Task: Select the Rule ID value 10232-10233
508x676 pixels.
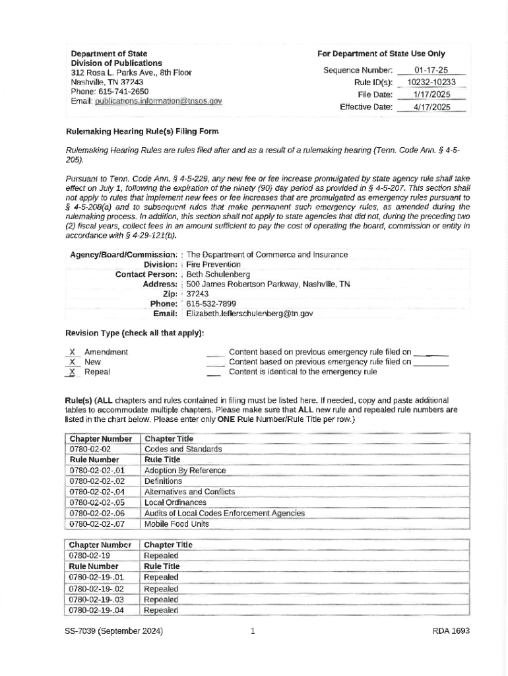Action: click(x=431, y=83)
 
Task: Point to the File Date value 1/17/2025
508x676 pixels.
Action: click(x=431, y=94)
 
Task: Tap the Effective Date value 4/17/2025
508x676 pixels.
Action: click(x=431, y=107)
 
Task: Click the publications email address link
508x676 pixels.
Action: click(x=158, y=101)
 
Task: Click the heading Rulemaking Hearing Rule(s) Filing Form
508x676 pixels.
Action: click(x=142, y=131)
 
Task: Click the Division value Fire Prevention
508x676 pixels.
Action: click(x=214, y=264)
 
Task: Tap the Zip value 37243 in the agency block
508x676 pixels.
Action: click(x=197, y=294)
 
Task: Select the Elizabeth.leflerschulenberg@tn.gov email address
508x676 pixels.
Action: click(x=249, y=314)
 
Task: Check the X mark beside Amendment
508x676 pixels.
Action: click(x=72, y=353)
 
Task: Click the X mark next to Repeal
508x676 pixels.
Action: click(x=72, y=372)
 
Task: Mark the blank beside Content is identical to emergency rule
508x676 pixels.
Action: click(x=214, y=372)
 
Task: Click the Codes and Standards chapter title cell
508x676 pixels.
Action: click(x=183, y=450)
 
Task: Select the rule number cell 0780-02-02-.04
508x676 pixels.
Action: click(x=97, y=492)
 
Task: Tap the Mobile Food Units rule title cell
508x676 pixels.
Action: click(x=176, y=524)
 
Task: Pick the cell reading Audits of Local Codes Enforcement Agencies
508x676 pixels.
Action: click(x=224, y=513)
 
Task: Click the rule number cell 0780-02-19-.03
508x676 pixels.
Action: click(x=97, y=599)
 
